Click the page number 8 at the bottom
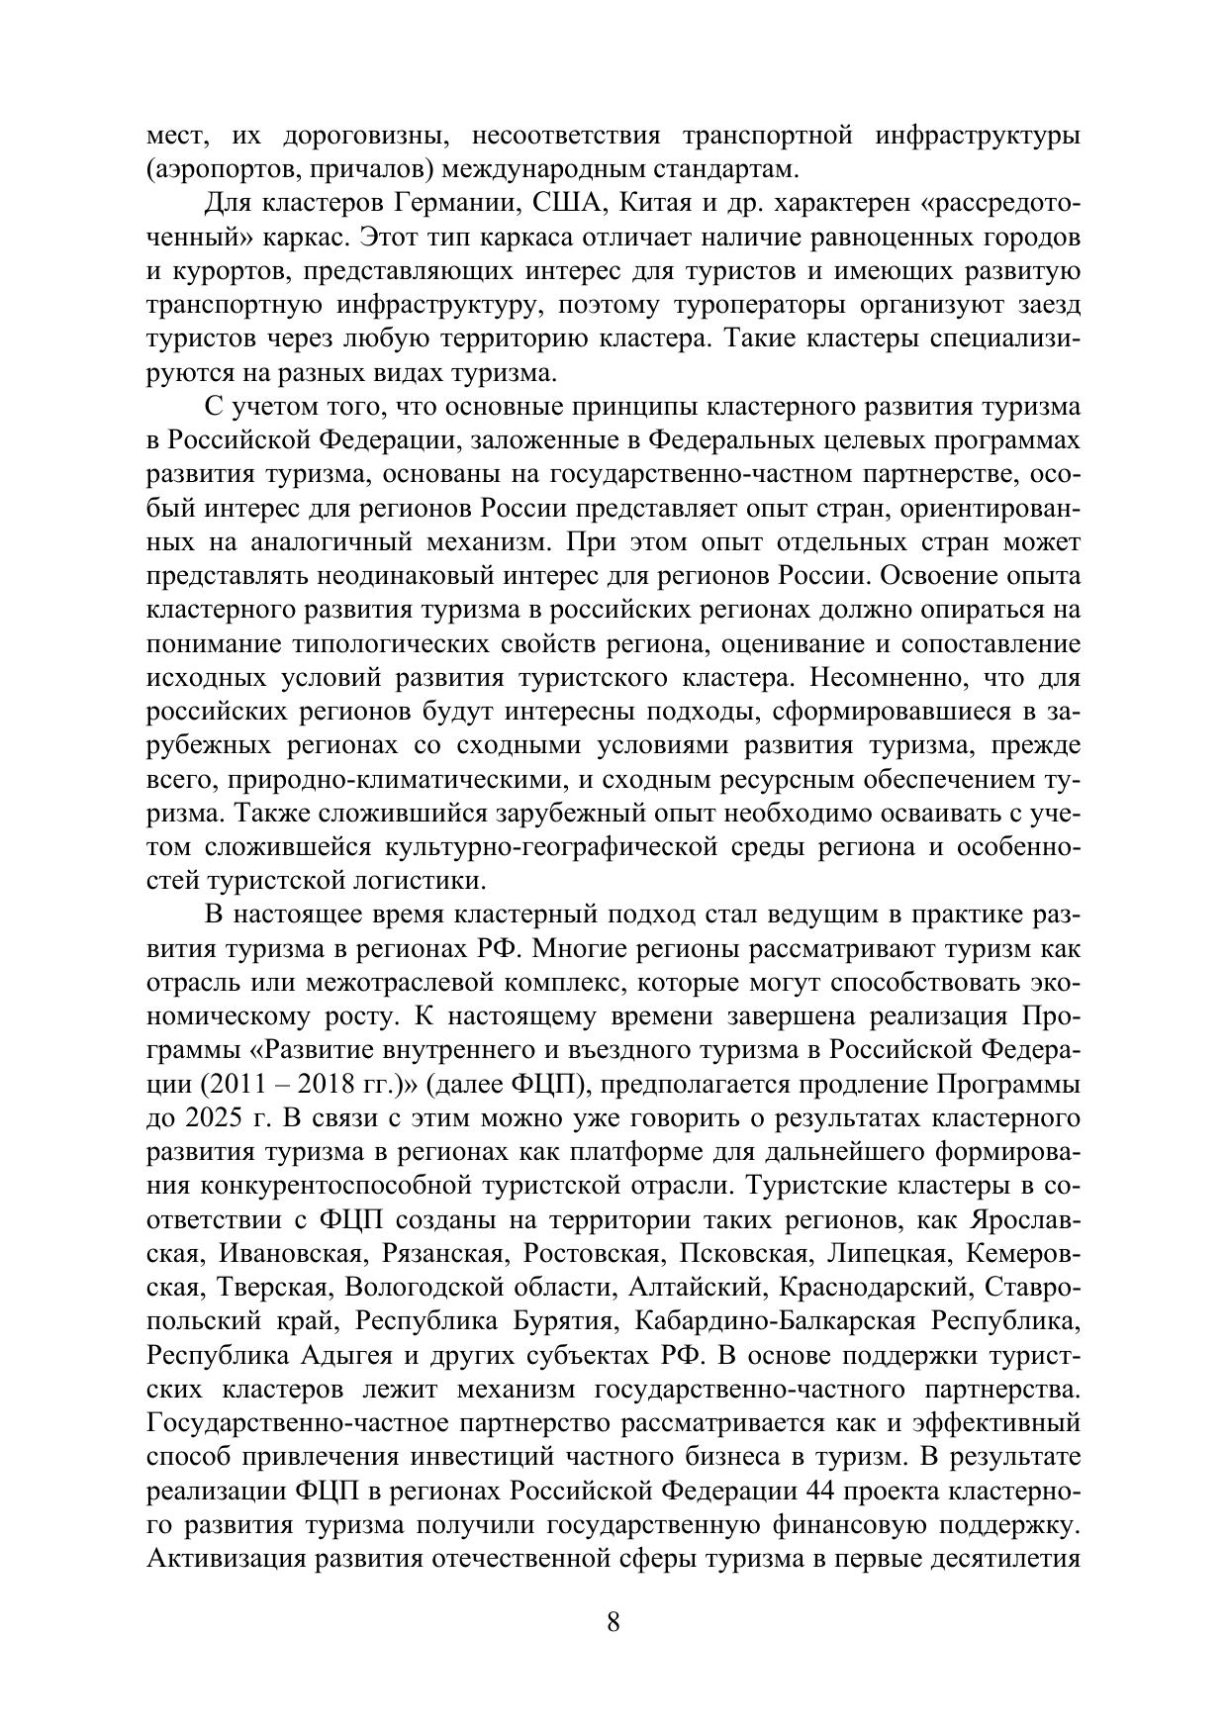point(614,1622)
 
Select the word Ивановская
point(289,1253)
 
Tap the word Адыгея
point(336,1355)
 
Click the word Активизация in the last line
point(223,1558)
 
